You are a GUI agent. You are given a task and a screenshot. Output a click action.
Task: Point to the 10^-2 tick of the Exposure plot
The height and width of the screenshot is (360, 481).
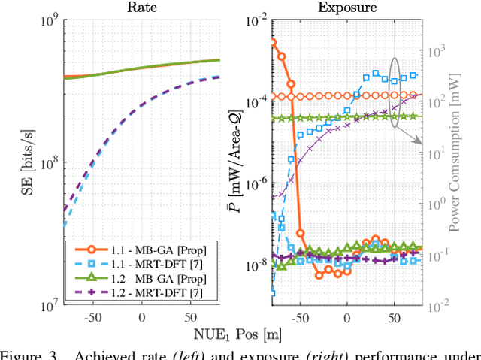[254, 21]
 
